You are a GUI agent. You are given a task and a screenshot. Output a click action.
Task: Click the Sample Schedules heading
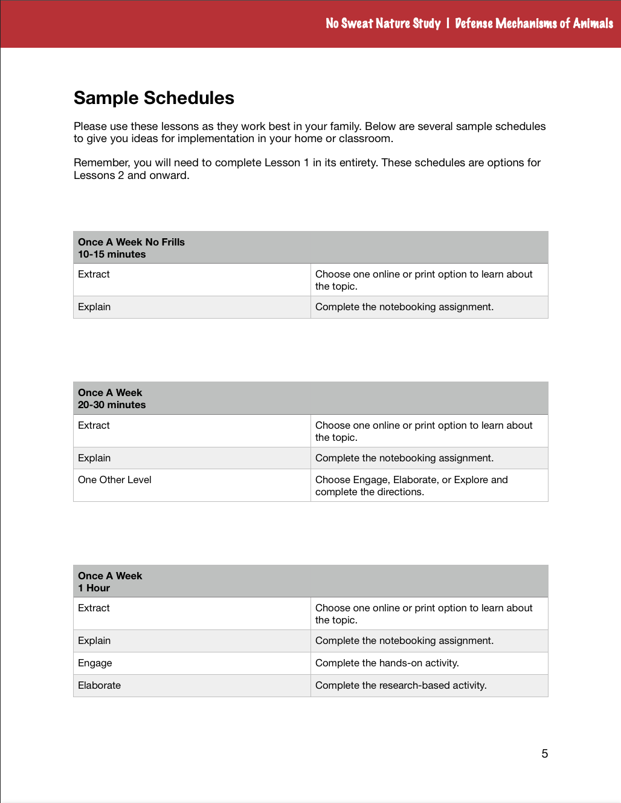pos(154,98)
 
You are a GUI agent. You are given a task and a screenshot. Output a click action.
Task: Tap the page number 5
pos(545,753)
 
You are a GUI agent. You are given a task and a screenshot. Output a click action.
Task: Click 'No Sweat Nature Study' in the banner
pos(383,24)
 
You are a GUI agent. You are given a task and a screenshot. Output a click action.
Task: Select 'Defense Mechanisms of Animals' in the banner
pos(533,24)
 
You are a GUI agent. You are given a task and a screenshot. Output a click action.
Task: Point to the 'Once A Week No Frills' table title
pos(131,242)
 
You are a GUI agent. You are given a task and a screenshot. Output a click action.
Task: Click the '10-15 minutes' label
pos(112,255)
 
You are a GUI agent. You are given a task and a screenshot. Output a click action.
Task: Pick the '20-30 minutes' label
pos(112,405)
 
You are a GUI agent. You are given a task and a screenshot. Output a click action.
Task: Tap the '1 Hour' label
pos(94,588)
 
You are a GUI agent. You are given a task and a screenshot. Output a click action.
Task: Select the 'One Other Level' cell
pos(115,480)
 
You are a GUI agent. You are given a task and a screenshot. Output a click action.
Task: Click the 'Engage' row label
pos(95,663)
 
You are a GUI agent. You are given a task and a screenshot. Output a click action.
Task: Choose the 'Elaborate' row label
pos(99,686)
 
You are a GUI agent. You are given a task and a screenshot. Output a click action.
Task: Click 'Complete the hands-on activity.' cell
pos(387,663)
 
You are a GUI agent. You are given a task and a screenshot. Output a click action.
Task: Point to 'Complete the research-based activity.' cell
pos(401,686)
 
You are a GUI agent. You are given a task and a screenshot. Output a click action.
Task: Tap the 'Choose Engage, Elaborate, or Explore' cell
pos(411,486)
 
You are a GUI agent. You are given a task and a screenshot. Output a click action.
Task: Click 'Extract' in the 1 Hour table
pos(94,608)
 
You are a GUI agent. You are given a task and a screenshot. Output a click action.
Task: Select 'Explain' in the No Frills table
pos(94,307)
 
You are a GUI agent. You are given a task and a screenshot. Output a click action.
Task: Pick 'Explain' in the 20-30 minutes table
pos(94,458)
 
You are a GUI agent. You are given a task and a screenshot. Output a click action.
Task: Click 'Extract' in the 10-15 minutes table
pos(94,275)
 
